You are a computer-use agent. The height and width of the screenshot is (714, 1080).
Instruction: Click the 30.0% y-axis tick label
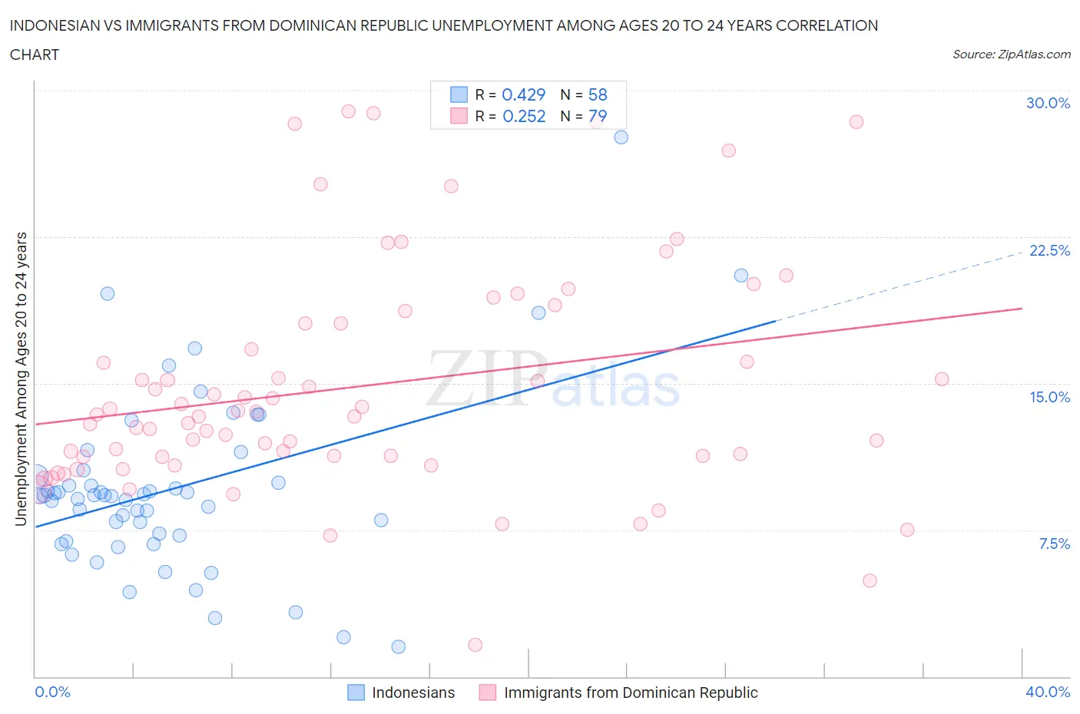(1048, 103)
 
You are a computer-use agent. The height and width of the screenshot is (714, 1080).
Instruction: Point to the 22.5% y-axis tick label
(1049, 250)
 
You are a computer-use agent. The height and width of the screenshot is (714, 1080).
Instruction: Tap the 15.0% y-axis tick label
(1049, 397)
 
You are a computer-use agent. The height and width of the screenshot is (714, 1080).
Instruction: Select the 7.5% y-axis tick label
(1054, 544)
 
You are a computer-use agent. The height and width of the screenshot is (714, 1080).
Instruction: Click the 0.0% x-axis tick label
(52, 692)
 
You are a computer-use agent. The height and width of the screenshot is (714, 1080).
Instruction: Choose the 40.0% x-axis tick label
(1048, 692)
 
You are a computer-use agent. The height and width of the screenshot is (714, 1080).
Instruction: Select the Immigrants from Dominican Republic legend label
(630, 693)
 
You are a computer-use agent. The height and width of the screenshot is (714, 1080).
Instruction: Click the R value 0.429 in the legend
(523, 94)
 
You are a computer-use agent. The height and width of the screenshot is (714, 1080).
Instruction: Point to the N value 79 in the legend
(597, 116)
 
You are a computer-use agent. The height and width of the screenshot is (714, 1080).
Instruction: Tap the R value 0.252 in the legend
(523, 116)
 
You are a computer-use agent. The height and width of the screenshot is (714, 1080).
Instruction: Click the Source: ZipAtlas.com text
(1011, 54)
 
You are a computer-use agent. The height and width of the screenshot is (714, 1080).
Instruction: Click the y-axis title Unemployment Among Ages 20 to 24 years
(21, 379)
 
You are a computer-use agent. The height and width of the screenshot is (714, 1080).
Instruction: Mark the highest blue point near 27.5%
(621, 137)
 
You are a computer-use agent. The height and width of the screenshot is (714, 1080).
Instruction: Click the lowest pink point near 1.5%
(475, 645)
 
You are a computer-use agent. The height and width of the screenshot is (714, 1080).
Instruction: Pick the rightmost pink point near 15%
(942, 379)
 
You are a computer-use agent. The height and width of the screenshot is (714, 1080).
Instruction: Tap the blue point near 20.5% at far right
(740, 276)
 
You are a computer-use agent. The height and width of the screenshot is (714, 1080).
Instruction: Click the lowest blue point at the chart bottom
(398, 646)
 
